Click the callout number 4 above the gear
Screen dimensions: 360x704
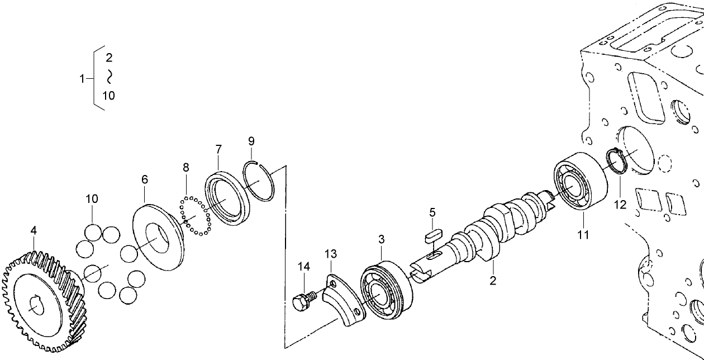34,230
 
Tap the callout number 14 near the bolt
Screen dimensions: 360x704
303,267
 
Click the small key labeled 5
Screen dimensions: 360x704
432,234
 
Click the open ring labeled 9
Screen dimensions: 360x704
259,181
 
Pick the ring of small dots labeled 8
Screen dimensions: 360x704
194,215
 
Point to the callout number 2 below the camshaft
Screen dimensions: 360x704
493,281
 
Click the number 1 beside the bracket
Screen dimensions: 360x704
82,78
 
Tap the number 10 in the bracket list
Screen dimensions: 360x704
108,96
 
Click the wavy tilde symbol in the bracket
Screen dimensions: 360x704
110,76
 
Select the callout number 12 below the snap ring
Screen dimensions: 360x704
620,205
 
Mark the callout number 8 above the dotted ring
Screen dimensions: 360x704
186,167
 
